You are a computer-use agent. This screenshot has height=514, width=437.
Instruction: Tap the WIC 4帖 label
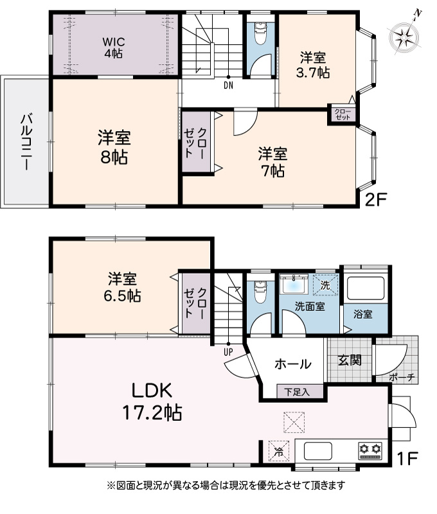[x=114, y=48]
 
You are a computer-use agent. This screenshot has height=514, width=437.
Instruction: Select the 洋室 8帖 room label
[x=114, y=147]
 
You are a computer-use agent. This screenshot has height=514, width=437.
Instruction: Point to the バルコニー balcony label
[x=27, y=141]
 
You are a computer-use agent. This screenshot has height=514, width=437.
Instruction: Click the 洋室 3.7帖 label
[x=313, y=65]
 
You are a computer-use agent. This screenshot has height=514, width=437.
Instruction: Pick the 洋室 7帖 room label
[x=272, y=163]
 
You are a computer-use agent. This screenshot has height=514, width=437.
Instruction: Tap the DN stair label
[x=228, y=86]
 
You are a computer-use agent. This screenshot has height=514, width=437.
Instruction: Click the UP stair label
[x=228, y=352]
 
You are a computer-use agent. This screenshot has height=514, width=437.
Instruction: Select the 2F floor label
[x=377, y=199]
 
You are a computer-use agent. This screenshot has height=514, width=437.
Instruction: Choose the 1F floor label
[x=407, y=459]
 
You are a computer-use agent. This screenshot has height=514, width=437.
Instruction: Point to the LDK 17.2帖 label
[x=152, y=401]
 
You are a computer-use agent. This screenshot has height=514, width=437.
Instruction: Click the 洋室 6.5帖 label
[x=122, y=287]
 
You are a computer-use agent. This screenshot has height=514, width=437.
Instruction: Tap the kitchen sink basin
[x=318, y=451]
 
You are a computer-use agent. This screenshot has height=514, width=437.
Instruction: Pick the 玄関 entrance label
[x=350, y=360]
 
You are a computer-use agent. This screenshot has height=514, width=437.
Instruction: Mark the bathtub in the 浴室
[x=366, y=288]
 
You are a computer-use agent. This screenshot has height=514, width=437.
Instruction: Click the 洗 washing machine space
[x=325, y=285]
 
